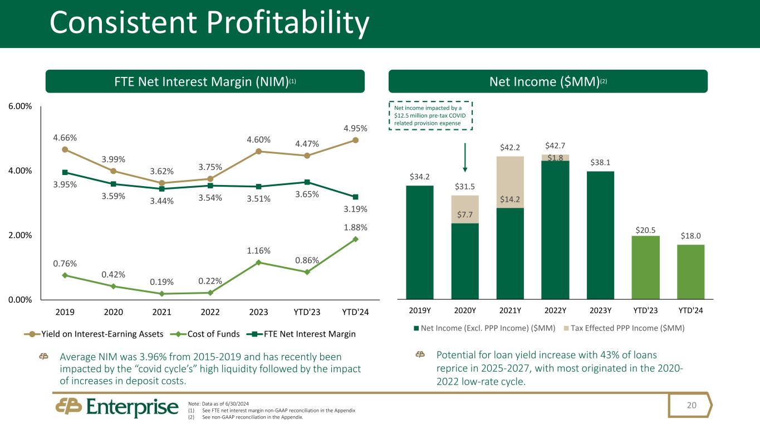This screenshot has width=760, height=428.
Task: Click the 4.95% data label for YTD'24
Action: click(355, 128)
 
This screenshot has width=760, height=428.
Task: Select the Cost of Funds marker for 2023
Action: click(258, 262)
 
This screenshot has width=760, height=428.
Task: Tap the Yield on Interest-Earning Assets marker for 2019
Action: click(65, 149)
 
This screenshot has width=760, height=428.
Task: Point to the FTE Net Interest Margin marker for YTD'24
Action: click(355, 197)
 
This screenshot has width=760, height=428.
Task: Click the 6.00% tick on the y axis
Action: click(19, 106)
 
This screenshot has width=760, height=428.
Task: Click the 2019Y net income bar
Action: click(420, 242)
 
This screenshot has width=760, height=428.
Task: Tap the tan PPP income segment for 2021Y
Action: click(510, 182)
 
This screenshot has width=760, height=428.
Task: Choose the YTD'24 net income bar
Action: click(691, 272)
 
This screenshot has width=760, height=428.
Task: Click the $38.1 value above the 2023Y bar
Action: click(601, 162)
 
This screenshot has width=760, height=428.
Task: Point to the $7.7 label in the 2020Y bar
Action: click(465, 215)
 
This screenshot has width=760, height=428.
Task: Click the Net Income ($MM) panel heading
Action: click(548, 81)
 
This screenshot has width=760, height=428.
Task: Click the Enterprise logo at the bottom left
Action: click(117, 408)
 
